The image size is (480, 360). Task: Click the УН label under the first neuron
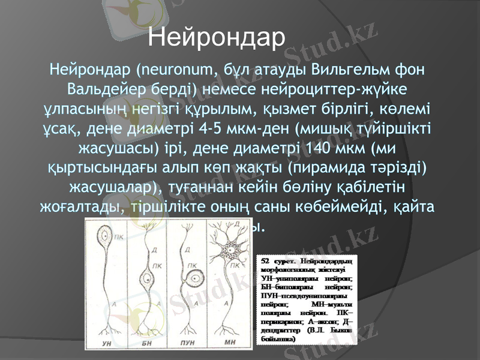[x=107, y=343]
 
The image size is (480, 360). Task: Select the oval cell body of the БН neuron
[x=148, y=278]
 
